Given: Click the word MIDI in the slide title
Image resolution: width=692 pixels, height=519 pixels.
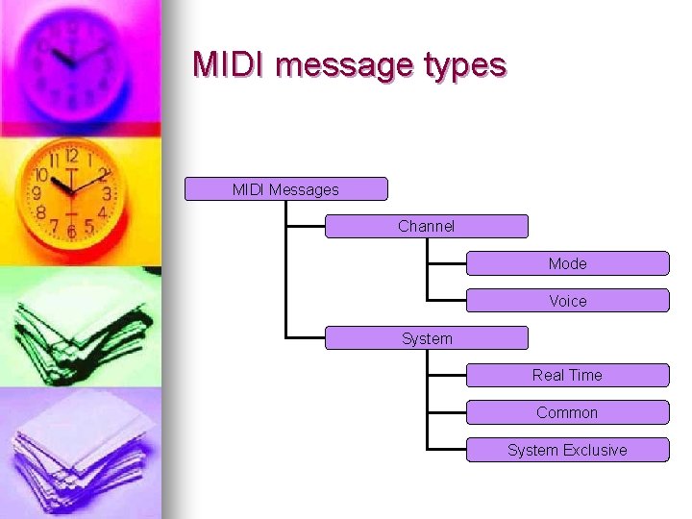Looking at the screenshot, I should coord(230,64).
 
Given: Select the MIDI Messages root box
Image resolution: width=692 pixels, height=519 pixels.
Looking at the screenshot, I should coord(285,189).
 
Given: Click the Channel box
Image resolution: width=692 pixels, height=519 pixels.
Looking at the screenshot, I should coord(426,227).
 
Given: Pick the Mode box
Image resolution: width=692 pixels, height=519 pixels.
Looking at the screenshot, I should coord(567,263).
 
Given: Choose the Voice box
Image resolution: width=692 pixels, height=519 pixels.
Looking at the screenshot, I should coord(567,301).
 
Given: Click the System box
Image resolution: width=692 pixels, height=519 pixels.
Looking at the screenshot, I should coord(426,338).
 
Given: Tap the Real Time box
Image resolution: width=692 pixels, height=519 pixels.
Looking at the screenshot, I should coord(567,375).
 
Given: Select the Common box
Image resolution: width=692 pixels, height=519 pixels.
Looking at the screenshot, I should coord(567,412).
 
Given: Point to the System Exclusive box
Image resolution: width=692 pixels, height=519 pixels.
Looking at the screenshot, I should coord(567,450).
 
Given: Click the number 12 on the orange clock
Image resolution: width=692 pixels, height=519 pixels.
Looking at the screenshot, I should coord(71,156).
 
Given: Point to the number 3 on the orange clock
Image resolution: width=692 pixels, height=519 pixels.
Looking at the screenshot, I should coord(107,194).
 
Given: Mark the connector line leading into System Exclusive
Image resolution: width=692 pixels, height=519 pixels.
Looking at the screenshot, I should coord(447,450).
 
